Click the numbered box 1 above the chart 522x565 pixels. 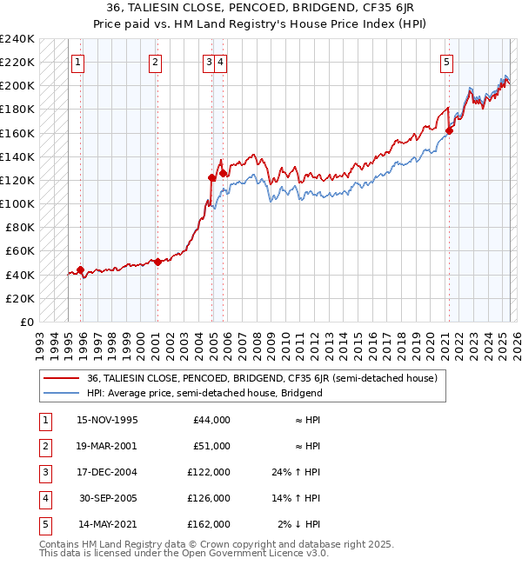(x=79, y=62)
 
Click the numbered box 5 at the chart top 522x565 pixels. (x=446, y=62)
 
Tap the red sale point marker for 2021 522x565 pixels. (x=450, y=131)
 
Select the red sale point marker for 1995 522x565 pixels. (x=81, y=269)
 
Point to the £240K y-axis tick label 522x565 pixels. (x=17, y=39)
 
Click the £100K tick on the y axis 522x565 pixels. (x=17, y=203)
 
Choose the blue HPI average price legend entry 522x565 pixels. (x=204, y=393)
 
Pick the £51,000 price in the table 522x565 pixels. (x=211, y=447)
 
